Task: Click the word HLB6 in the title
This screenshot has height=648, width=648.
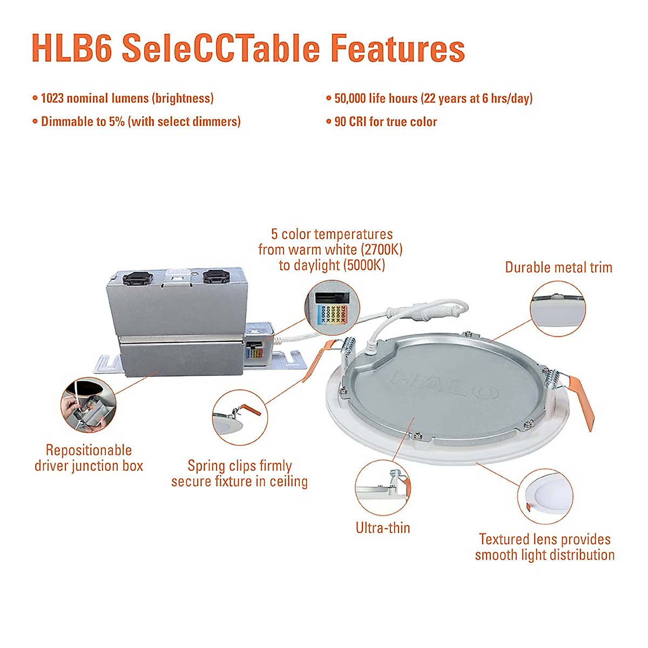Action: (72, 48)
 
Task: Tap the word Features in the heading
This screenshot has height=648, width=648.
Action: (397, 48)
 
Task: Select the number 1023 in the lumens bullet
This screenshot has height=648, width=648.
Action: (52, 98)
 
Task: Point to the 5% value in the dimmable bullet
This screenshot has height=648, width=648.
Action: (117, 122)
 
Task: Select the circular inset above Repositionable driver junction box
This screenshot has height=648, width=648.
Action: (89, 405)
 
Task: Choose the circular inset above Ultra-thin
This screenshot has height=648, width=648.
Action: (383, 488)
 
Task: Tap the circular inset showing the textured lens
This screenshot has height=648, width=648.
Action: (545, 496)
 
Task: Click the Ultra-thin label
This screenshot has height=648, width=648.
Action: (383, 528)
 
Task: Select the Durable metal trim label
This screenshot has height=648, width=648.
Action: (558, 267)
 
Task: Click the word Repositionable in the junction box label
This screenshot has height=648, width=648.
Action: (89, 450)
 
